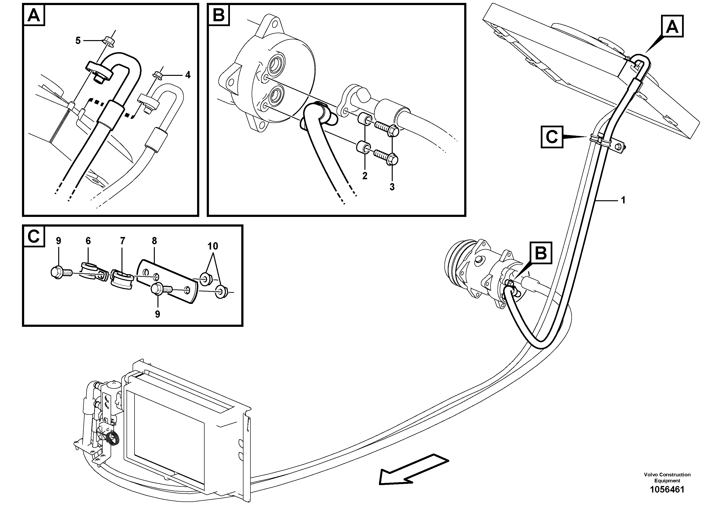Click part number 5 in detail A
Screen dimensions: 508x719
coord(78,41)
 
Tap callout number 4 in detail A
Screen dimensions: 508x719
coord(188,75)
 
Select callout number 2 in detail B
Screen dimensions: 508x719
coord(364,176)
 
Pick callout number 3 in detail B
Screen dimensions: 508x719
coord(392,187)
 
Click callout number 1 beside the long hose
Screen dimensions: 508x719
coord(623,200)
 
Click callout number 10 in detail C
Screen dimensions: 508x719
coord(213,246)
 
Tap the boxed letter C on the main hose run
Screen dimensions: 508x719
coord(552,137)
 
